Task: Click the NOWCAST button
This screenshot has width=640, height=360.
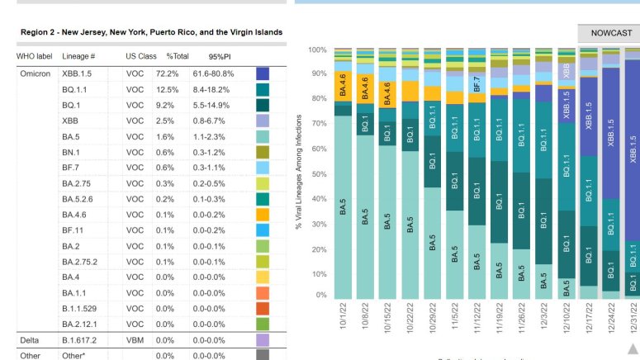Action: [611, 33]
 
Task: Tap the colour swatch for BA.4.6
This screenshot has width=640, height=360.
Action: [263, 215]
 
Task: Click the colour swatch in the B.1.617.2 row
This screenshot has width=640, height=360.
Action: [263, 339]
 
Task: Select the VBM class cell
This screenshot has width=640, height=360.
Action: [136, 339]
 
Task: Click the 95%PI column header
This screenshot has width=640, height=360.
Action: [220, 56]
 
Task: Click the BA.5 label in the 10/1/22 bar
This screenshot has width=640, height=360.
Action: [343, 207]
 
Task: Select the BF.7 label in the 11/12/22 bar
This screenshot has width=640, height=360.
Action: [476, 83]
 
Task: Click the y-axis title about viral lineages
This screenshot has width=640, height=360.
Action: [299, 172]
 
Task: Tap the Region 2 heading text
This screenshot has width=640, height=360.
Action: [151, 32]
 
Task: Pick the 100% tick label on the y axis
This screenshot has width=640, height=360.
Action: [316, 50]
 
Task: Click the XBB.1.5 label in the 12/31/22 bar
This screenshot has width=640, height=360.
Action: [633, 152]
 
